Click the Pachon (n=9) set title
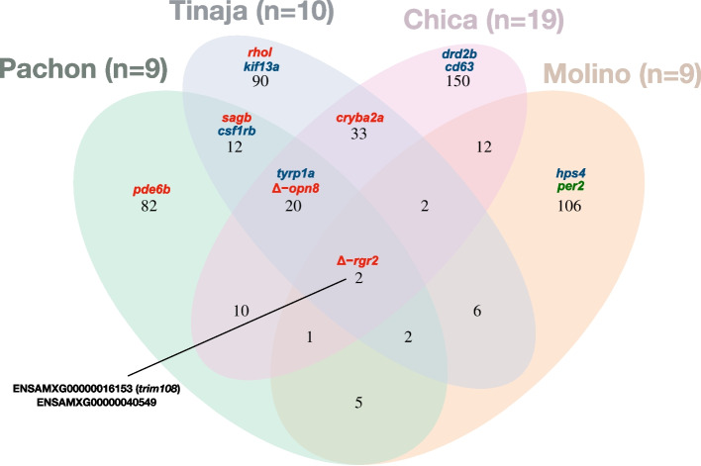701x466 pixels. point(85,69)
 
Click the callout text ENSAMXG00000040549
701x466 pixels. point(88,404)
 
